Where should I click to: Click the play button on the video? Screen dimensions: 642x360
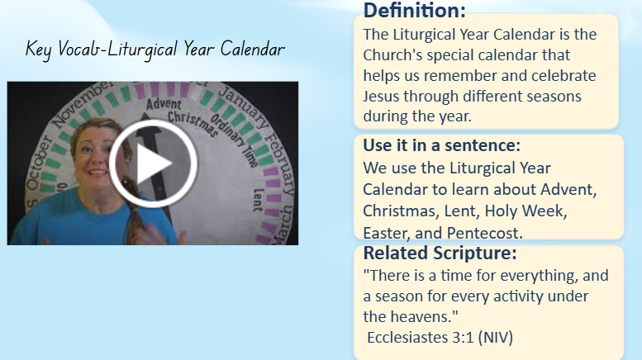[153, 163]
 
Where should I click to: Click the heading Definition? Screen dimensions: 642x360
[414, 10]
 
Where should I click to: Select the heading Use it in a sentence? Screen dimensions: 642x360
[442, 145]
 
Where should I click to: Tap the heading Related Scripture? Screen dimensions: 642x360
[440, 253]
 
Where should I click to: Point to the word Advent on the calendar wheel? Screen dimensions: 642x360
[164, 104]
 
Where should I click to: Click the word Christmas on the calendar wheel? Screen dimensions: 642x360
[193, 124]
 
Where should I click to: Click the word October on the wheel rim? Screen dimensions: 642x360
[38, 163]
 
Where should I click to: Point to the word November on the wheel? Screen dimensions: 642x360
[81, 105]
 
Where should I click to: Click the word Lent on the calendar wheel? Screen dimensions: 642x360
[258, 200]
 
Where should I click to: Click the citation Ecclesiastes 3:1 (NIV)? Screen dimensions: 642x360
[440, 338]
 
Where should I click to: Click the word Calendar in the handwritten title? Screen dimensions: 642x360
[253, 50]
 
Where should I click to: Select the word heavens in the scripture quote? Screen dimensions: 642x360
[423, 316]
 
